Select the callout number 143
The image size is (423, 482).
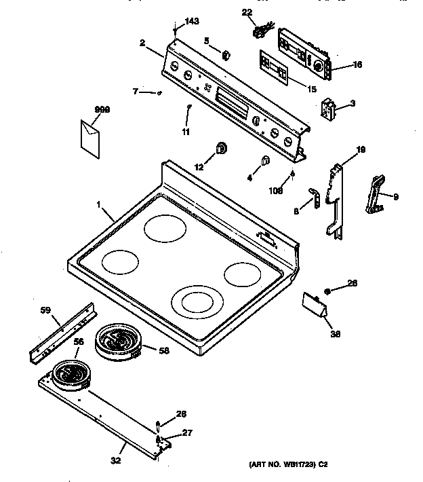click(192, 22)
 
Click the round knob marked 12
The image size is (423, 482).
click(221, 149)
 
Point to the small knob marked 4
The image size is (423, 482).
click(264, 161)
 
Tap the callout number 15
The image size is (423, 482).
click(312, 89)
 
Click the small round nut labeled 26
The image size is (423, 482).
click(327, 291)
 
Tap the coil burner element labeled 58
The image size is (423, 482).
click(117, 341)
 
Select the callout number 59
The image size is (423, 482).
click(45, 311)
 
